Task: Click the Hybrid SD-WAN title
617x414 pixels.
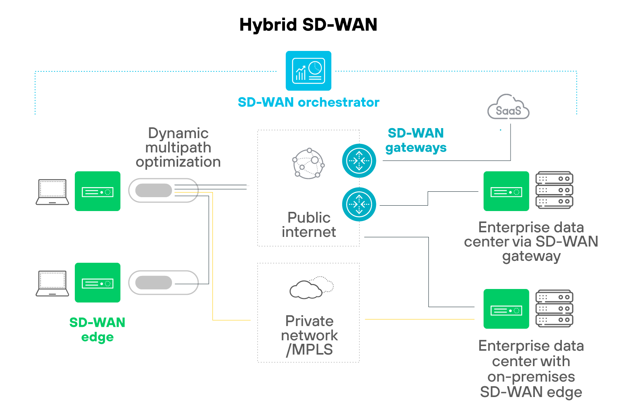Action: [x=308, y=25]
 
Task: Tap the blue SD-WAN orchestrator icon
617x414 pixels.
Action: [x=308, y=71]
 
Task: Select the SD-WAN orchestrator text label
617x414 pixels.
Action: [x=308, y=102]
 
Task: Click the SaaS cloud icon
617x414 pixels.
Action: [x=508, y=108]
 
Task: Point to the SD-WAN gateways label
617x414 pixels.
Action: [x=416, y=140]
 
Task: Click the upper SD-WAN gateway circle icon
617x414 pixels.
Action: [x=359, y=161]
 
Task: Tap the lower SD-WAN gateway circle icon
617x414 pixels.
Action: [x=359, y=204]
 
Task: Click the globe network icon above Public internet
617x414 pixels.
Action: [x=308, y=164]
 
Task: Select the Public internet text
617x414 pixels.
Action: [x=308, y=225]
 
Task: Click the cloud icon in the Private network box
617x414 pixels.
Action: [x=310, y=288]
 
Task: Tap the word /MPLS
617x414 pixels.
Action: [x=309, y=350]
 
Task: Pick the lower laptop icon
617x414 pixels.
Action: [x=52, y=283]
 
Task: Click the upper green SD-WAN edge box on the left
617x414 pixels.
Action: [x=98, y=191]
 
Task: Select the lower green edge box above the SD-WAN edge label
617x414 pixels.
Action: [x=98, y=283]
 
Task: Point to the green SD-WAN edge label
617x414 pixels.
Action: [x=97, y=330]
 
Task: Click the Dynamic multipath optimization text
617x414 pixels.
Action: [x=178, y=147]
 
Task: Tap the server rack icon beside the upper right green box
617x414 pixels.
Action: [x=554, y=191]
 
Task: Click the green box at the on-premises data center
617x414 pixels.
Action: [x=506, y=309]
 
